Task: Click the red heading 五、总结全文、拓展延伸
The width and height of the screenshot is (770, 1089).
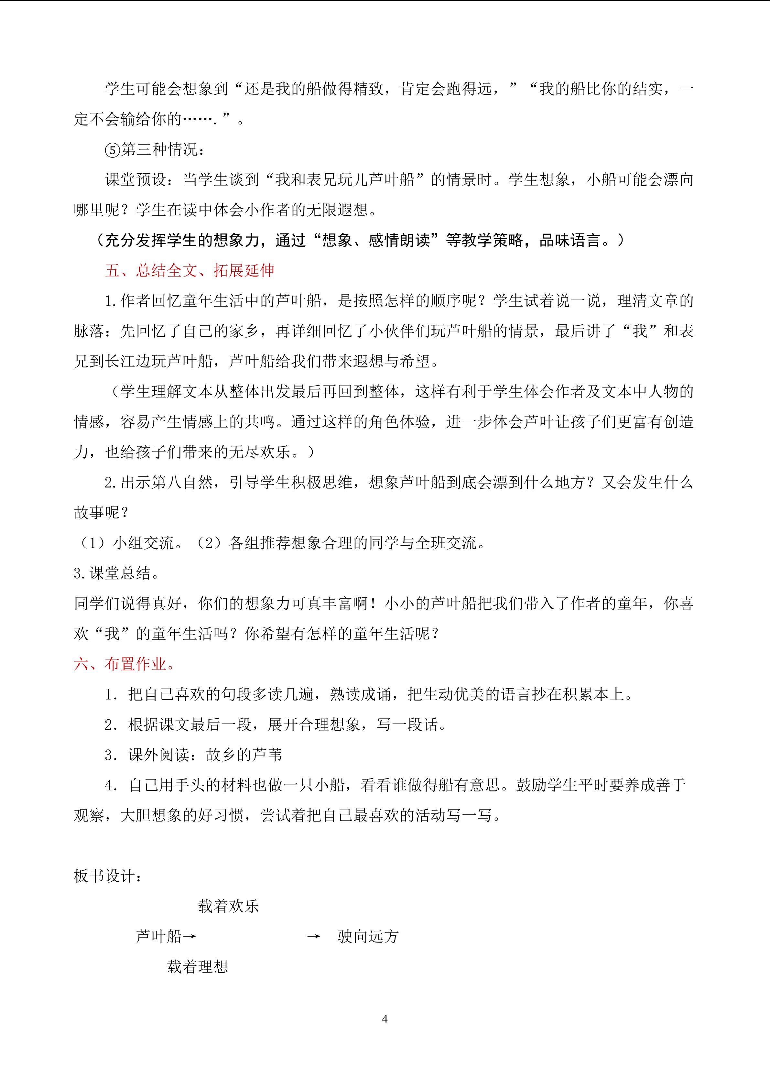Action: point(190,270)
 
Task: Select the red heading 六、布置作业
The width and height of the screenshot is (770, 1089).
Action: point(124,664)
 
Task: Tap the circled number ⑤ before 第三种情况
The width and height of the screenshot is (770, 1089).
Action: point(112,150)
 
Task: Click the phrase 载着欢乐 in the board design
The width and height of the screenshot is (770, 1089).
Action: point(229,906)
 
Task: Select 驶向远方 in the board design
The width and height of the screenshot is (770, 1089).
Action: point(368,936)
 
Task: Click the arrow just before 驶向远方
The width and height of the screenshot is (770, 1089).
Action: point(313,936)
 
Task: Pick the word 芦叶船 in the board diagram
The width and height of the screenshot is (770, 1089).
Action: point(159,936)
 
